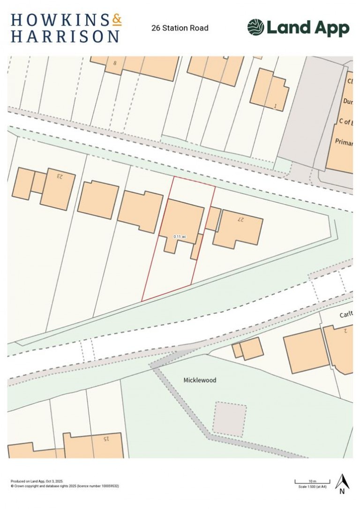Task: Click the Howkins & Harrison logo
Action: click(66, 28)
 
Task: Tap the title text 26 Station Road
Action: click(180, 28)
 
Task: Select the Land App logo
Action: click(298, 28)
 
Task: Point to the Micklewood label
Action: click(200, 380)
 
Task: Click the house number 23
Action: click(60, 176)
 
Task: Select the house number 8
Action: click(114, 62)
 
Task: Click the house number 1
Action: click(275, 106)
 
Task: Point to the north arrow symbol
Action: click(342, 483)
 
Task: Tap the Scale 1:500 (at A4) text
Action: click(313, 486)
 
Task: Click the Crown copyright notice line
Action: click(65, 486)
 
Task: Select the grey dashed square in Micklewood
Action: click(229, 418)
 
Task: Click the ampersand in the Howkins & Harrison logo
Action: click(117, 19)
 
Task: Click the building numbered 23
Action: click(57, 189)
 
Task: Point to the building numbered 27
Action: click(238, 228)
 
